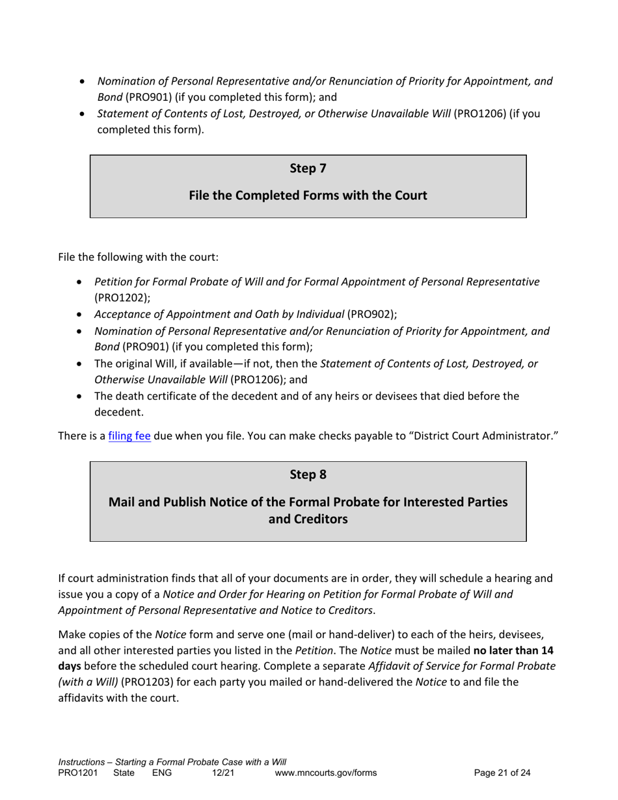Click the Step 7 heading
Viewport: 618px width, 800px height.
[x=308, y=168]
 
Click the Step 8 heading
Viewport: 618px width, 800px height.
[x=308, y=475]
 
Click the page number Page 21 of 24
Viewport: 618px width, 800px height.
[x=502, y=773]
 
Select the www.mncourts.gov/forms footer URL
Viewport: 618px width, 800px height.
[x=326, y=773]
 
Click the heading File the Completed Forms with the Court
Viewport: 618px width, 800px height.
[x=308, y=195]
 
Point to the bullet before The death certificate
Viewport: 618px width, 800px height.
[x=79, y=396]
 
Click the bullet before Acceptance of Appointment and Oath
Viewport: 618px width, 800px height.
[x=79, y=315]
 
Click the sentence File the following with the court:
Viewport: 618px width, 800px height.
[x=139, y=257]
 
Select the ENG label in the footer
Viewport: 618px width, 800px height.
[x=160, y=773]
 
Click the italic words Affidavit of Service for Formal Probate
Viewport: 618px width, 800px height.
[x=462, y=667]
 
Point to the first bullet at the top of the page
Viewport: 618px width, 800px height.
[x=81, y=82]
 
